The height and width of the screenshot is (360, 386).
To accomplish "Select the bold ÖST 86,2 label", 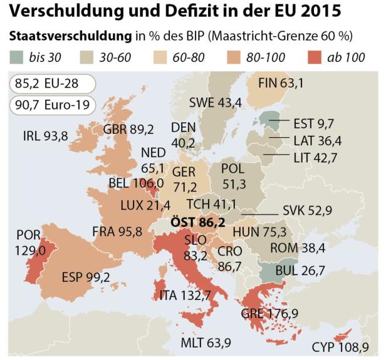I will (198, 222).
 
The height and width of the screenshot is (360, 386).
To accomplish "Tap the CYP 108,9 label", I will (340, 347).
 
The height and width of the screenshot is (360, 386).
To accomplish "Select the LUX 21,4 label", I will (145, 205).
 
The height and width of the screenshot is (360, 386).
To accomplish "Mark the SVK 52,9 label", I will (306, 211).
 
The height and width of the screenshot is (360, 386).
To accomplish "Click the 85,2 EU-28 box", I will (50, 82).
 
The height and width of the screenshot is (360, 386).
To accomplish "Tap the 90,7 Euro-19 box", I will (52, 103).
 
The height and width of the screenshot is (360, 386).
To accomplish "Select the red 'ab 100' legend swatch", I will (316, 58).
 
